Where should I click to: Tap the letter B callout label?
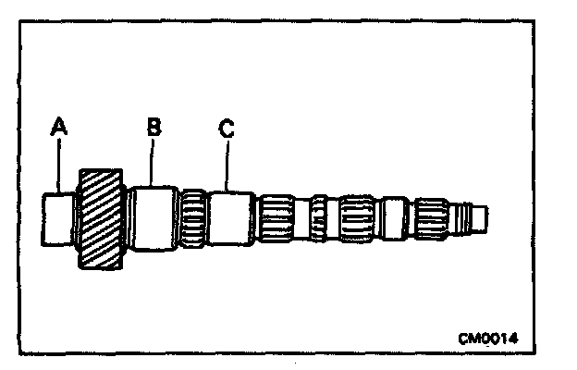click(153, 126)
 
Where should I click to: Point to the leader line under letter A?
click(61, 166)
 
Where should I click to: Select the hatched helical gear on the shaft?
click(101, 219)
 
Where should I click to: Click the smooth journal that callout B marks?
click(152, 219)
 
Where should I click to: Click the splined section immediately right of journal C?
click(276, 219)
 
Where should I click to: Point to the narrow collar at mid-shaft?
click(318, 219)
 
